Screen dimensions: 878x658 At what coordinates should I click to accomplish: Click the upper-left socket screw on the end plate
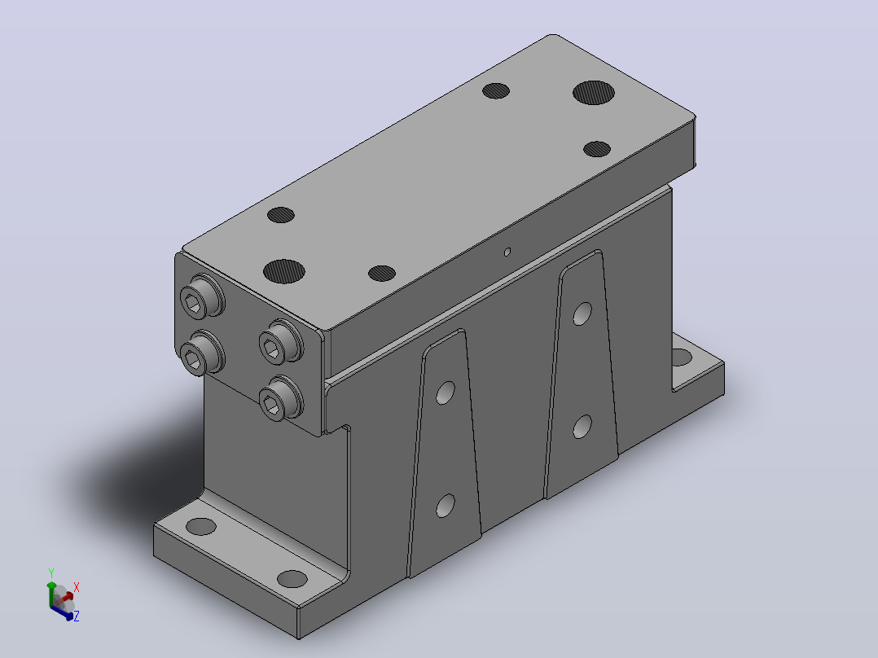pyautogui.click(x=202, y=297)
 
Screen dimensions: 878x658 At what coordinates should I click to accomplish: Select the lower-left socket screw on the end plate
pyautogui.click(x=202, y=353)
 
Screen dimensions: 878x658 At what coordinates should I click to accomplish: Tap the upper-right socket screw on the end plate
pyautogui.click(x=281, y=341)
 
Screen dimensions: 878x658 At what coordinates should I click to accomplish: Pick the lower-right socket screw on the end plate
pyautogui.click(x=281, y=398)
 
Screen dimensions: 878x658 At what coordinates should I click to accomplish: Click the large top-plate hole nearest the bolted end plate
pyautogui.click(x=284, y=271)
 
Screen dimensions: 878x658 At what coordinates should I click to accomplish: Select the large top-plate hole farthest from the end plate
pyautogui.click(x=594, y=92)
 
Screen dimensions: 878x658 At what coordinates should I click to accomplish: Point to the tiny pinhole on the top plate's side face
pyautogui.click(x=507, y=252)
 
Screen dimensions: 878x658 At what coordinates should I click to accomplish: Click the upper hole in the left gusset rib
pyautogui.click(x=446, y=393)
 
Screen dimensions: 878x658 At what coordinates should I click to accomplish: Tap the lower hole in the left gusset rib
pyautogui.click(x=446, y=506)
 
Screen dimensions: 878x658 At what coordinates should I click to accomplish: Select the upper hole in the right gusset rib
pyautogui.click(x=582, y=314)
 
